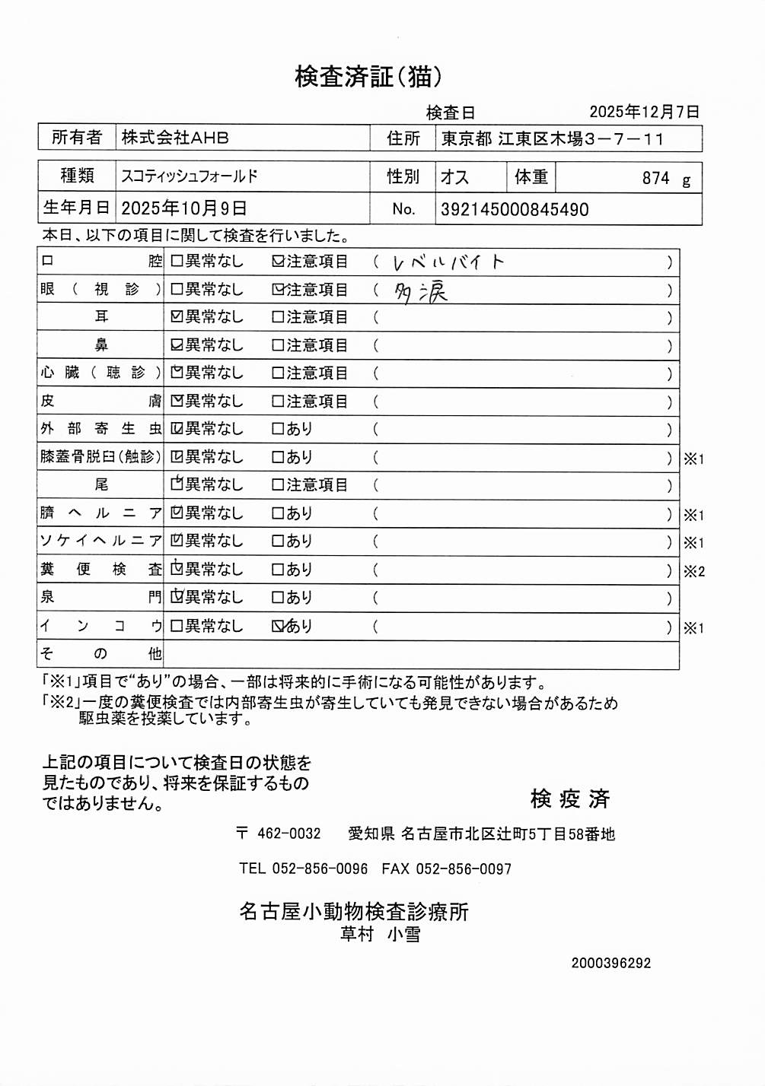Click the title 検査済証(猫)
(x=368, y=77)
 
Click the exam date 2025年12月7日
(x=644, y=112)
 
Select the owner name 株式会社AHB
(x=175, y=138)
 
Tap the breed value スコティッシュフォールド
(x=190, y=176)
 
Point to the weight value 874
(x=655, y=179)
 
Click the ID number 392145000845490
(x=515, y=210)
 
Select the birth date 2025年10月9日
(x=183, y=208)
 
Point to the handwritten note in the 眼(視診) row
(x=421, y=292)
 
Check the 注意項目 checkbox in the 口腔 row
(x=279, y=262)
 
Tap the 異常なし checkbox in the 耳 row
(x=177, y=317)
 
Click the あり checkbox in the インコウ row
(x=279, y=627)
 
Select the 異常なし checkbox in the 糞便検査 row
(x=177, y=570)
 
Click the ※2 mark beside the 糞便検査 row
(x=693, y=571)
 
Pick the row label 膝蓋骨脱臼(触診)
(x=100, y=457)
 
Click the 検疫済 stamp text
(x=570, y=799)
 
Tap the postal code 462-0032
(x=288, y=834)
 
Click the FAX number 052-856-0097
(x=464, y=868)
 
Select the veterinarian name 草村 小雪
(x=380, y=934)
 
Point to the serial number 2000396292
(x=611, y=963)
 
